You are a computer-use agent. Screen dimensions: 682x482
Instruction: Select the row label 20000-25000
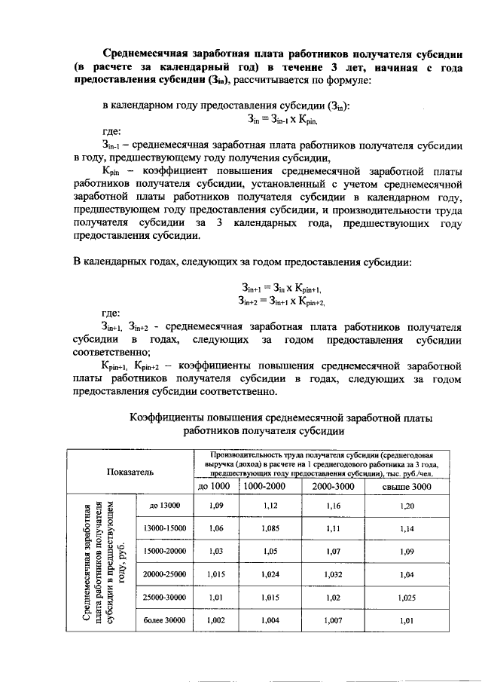click(164, 574)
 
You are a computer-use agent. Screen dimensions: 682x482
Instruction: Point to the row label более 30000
click(164, 620)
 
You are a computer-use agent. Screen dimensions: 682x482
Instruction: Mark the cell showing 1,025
click(406, 598)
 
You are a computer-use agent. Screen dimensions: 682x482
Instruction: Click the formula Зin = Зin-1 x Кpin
click(283, 118)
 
